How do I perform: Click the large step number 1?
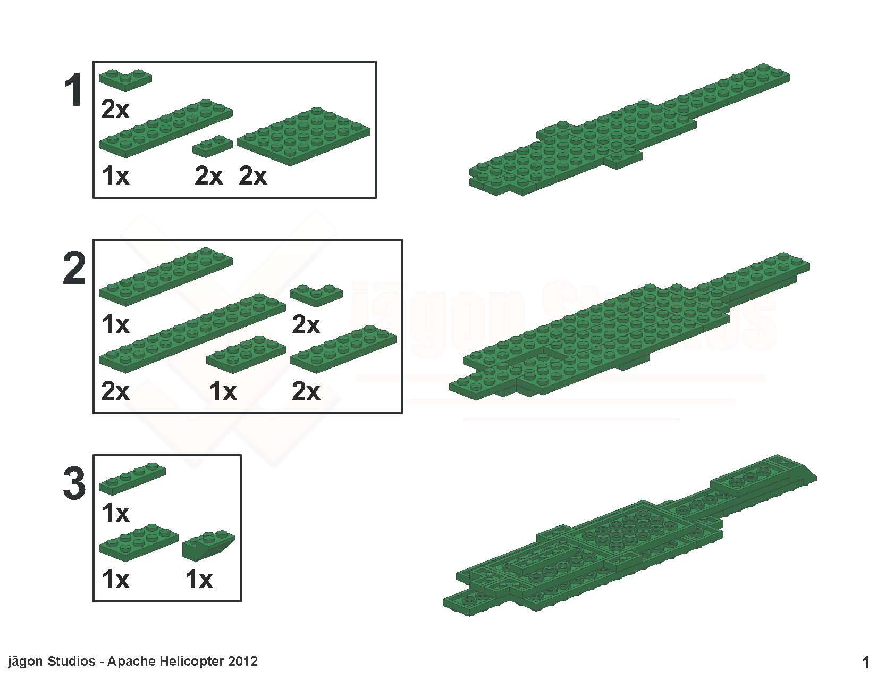click(74, 90)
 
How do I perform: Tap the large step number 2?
click(74, 267)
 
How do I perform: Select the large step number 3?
click(74, 483)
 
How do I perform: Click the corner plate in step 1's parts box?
click(125, 80)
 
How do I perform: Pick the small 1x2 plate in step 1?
click(212, 146)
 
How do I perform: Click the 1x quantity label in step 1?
click(115, 176)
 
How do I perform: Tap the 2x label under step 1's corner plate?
click(115, 110)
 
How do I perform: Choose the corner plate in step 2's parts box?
click(316, 295)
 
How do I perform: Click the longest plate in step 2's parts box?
click(192, 333)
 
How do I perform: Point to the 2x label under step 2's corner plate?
click(306, 325)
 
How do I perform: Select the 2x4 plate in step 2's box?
click(246, 354)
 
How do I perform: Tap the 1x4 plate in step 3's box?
click(132, 479)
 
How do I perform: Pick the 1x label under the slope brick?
click(199, 580)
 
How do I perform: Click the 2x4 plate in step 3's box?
click(138, 543)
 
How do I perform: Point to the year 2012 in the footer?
click(243, 661)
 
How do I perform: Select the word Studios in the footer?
click(71, 661)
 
